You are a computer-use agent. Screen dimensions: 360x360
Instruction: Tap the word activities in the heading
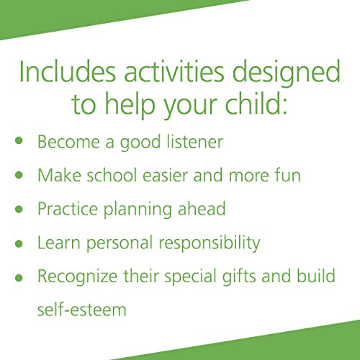tap(176, 73)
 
